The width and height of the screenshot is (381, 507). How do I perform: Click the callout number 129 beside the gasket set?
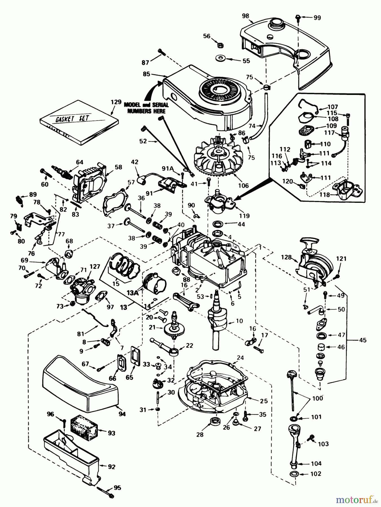point(116,102)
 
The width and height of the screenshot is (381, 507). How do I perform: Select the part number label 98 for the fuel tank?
point(245,16)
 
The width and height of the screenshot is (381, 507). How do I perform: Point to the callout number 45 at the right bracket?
point(363,340)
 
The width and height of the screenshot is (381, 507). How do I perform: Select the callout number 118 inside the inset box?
point(325,195)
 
